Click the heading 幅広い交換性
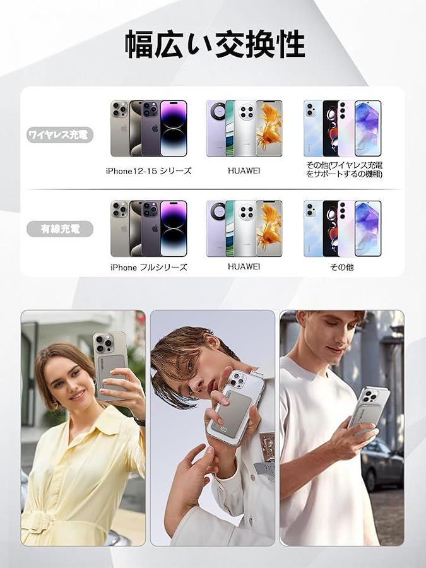tap(215, 45)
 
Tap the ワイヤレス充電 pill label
tap(60, 135)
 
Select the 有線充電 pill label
tap(60, 229)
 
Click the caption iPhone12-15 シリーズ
tap(148, 171)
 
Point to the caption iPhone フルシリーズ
tap(148, 268)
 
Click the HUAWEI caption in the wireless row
tap(244, 170)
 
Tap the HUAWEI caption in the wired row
tap(244, 266)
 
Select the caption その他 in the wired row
tap(341, 267)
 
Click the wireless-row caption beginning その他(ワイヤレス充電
tap(344, 170)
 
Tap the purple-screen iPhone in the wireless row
tap(174, 128)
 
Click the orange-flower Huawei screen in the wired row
tap(269, 229)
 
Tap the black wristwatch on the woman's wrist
tap(139, 421)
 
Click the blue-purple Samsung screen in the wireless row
tap(368, 128)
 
